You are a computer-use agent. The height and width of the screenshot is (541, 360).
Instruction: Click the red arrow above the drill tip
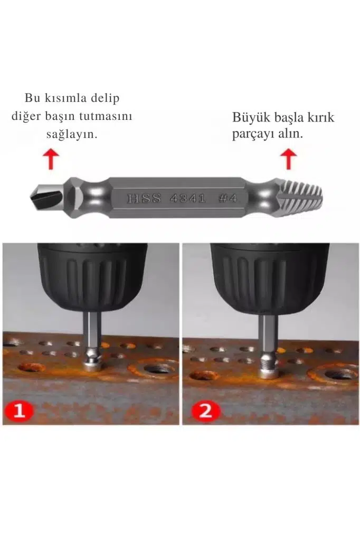coord(51,159)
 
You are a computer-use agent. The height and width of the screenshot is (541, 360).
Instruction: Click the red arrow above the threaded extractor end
coord(288,159)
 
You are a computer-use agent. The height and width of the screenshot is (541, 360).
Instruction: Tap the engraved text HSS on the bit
coord(144,199)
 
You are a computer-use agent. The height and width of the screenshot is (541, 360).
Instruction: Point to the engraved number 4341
coord(188,199)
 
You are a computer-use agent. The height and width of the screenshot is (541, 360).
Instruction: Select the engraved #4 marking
coord(228,199)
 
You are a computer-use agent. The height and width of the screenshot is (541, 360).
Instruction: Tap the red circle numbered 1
coord(20,411)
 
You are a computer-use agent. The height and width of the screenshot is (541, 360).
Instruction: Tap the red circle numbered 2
coord(206,411)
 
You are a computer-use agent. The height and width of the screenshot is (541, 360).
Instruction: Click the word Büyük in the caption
coord(251,117)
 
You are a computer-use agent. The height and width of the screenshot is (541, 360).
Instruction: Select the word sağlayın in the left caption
coord(72,134)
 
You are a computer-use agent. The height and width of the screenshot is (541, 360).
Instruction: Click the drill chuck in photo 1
coord(92,276)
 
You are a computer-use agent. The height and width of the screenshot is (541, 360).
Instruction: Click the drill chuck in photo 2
coord(270,278)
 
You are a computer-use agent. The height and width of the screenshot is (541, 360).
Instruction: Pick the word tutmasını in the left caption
coord(106,116)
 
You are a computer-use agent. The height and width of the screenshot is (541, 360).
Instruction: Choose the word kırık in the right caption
coord(321,117)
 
